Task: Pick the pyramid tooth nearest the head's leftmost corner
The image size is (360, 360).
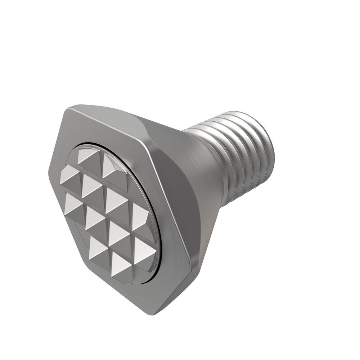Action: pyautogui.click(x=69, y=175)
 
